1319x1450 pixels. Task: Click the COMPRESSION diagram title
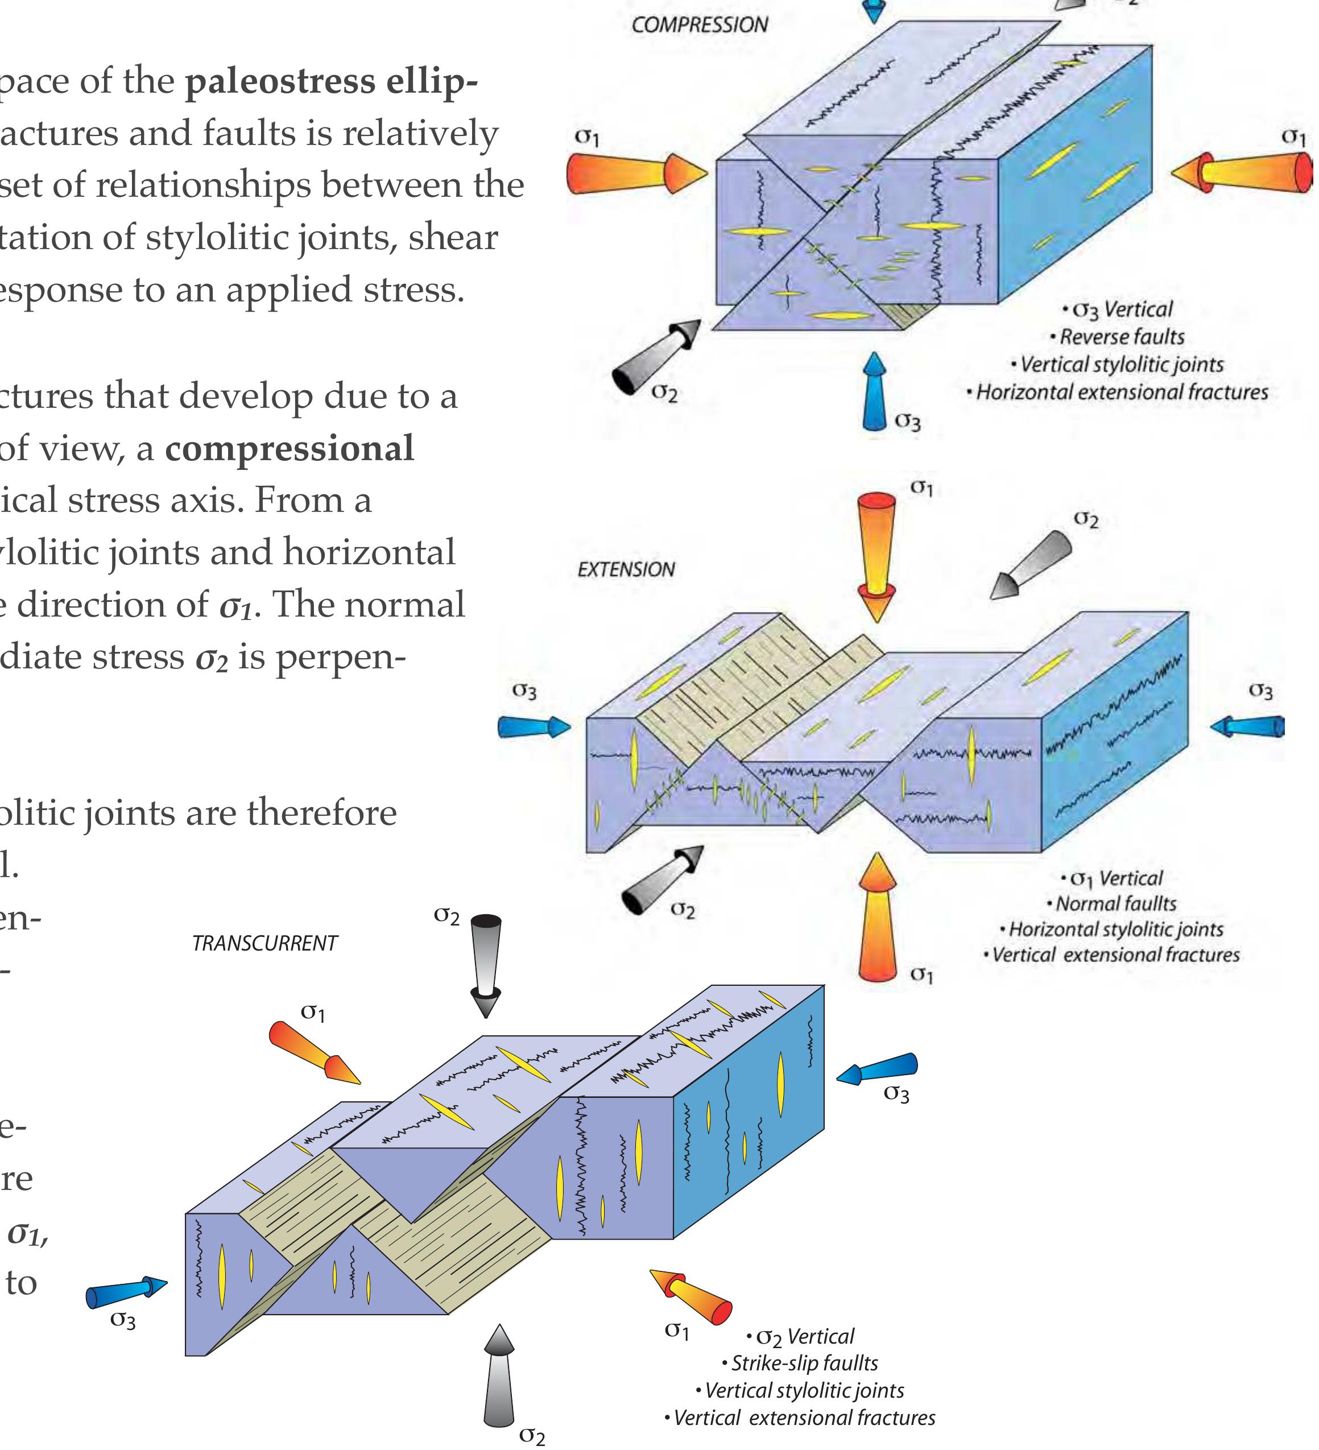pos(699,26)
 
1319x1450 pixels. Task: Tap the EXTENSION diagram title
pos(626,569)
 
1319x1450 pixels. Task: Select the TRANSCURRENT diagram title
pos(264,943)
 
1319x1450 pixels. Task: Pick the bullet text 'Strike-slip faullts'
pos(803,1363)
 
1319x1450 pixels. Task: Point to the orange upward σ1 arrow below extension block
pos(876,917)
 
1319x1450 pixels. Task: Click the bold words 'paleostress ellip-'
pos(331,81)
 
